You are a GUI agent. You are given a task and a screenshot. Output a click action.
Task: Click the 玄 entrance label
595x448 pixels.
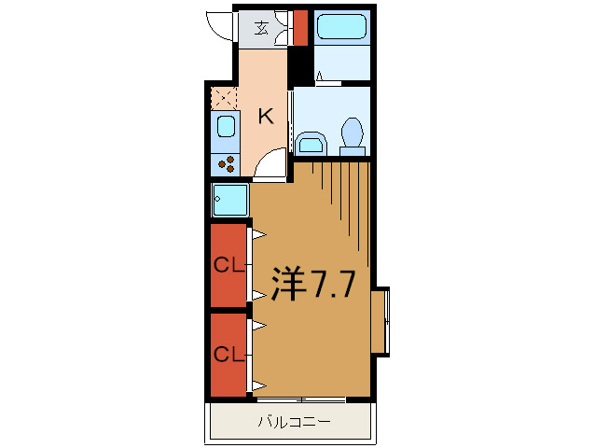(262, 28)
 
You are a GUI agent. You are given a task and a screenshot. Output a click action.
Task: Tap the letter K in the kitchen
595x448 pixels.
(266, 116)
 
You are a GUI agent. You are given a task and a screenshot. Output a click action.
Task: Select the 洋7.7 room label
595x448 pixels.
(313, 284)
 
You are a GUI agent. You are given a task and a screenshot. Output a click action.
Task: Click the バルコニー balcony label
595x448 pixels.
(295, 422)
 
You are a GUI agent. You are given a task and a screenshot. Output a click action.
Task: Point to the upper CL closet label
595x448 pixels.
(228, 265)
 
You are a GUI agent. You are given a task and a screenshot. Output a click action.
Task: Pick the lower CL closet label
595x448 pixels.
(228, 355)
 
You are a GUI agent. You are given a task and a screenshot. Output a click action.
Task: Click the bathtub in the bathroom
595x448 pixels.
(341, 26)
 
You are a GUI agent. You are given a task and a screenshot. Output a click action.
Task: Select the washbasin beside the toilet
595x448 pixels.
(311, 144)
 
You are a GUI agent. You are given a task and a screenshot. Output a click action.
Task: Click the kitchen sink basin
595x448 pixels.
(227, 126)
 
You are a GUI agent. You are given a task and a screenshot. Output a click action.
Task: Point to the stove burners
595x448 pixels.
(227, 164)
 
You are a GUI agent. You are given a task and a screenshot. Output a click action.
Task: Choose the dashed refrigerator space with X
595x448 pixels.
(224, 98)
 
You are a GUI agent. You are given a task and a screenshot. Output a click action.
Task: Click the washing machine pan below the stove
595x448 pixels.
(230, 200)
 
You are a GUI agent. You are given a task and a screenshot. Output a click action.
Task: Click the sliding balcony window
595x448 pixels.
(301, 399)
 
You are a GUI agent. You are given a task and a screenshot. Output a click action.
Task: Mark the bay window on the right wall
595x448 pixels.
(381, 322)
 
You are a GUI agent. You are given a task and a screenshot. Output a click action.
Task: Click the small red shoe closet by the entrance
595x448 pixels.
(300, 28)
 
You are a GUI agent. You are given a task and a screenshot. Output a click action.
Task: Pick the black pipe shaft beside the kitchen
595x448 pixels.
(299, 64)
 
